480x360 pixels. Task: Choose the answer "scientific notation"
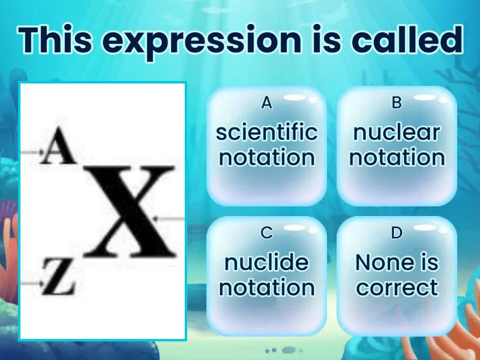pos(266,146)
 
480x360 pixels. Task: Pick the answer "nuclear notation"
pos(397,146)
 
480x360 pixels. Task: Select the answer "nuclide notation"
pos(266,275)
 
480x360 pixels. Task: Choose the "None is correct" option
pos(397,275)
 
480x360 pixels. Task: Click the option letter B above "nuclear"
pos(397,103)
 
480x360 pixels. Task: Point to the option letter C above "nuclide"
pos(266,233)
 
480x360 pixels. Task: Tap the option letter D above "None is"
pos(397,233)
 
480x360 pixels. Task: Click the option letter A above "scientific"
pos(266,103)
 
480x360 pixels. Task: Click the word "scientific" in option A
pos(266,133)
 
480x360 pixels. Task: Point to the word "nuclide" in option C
pos(266,262)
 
